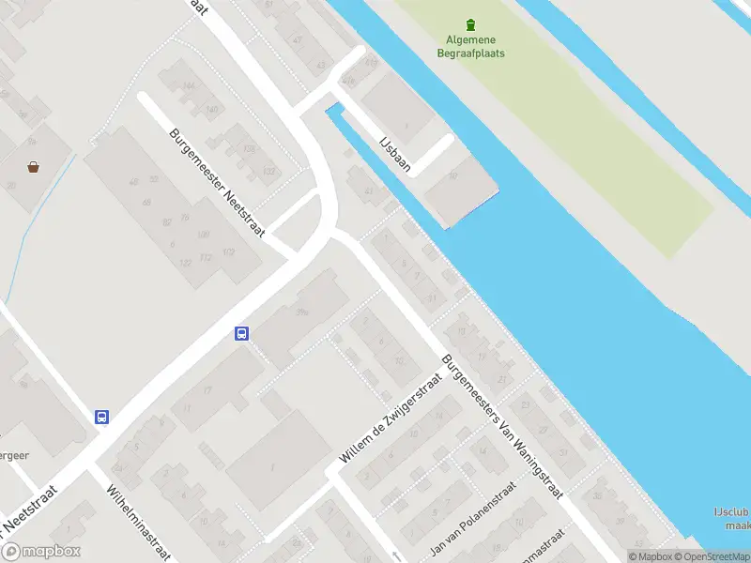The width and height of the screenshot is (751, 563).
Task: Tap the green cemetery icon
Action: (x=470, y=24)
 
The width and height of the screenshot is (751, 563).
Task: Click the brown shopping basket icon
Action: (x=34, y=167)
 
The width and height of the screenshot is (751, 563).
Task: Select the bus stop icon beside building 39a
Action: (x=241, y=333)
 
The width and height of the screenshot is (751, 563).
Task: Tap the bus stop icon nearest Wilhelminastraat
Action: (x=101, y=418)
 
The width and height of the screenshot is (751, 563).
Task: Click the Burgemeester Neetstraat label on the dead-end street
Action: (x=218, y=182)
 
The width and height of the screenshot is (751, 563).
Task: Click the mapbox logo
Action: (x=40, y=552)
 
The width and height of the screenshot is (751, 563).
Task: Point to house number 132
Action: (x=269, y=171)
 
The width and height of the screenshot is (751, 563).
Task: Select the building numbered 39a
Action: (x=301, y=312)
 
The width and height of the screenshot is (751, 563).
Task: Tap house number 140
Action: (x=211, y=110)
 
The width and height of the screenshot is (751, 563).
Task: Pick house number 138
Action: (x=249, y=148)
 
